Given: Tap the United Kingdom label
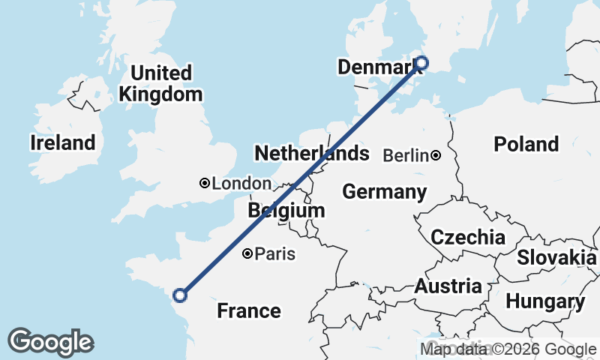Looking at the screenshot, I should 160,83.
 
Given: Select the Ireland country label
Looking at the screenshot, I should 63,142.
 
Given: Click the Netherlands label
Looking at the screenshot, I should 312,154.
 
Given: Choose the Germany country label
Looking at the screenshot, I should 384,191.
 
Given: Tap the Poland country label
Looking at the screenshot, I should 526,143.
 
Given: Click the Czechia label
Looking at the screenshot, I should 467,238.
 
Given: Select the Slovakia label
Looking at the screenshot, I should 556,257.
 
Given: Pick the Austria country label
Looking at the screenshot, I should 448,286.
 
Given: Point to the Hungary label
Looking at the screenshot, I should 545,301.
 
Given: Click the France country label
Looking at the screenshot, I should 249,310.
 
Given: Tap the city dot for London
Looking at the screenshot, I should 204,183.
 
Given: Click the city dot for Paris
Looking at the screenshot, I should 247,254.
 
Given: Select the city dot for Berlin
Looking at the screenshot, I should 435,156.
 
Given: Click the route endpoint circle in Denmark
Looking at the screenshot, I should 421,63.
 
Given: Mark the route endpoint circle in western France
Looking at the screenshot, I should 179,295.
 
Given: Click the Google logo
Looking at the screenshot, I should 50,342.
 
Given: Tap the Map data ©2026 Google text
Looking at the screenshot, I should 508,349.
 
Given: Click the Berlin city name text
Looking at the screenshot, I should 406,156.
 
